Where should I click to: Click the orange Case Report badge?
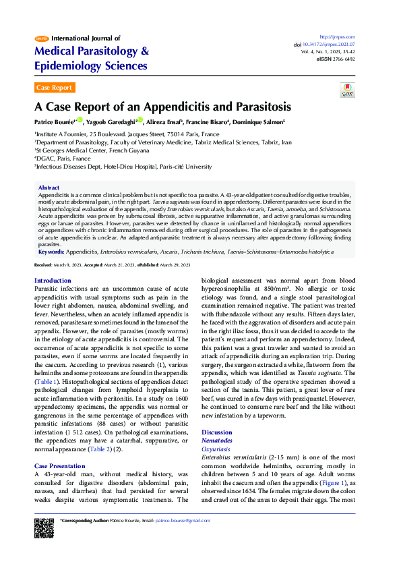(54, 88)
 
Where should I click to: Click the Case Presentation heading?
(59, 465)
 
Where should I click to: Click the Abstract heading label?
(49, 187)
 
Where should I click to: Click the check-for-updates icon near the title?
(346, 90)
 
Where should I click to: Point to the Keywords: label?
(51, 251)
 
